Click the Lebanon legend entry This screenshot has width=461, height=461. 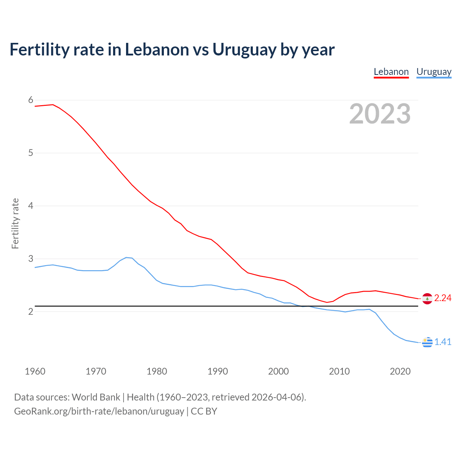(391, 72)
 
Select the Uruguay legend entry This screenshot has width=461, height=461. (434, 72)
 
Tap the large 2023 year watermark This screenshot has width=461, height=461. (380, 114)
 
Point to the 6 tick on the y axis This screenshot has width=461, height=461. (31, 100)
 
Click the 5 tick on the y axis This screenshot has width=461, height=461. (31, 153)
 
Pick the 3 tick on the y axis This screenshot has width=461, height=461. (31, 259)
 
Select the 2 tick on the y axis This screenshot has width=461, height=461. (31, 312)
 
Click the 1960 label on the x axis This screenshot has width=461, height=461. (35, 371)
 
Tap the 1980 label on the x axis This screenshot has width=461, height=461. (157, 371)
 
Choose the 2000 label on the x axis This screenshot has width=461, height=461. (278, 371)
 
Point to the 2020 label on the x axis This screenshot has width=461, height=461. (400, 371)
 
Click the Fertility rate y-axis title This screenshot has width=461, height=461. (15, 223)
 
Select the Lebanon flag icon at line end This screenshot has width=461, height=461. (427, 299)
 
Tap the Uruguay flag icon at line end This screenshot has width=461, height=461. (427, 342)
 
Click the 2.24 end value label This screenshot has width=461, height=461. (443, 298)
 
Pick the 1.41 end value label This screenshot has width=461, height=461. (443, 342)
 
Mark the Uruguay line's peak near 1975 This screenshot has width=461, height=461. (126, 257)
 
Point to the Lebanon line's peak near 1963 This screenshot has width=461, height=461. (53, 104)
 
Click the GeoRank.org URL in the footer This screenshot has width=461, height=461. (99, 411)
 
